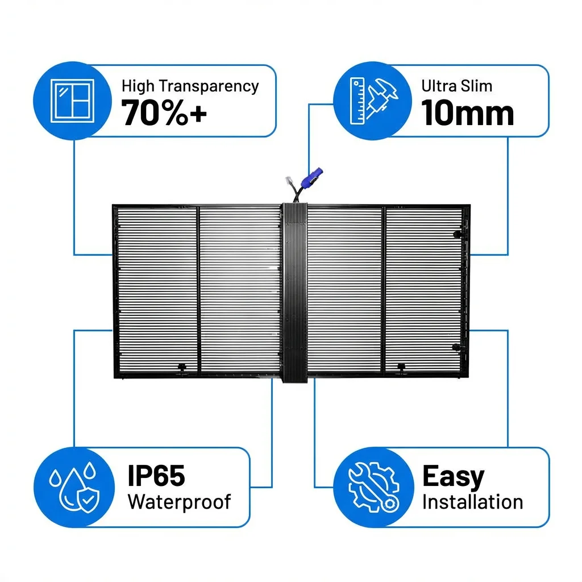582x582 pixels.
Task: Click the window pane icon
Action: coord(72,101)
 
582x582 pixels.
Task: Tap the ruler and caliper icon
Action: coord(373,101)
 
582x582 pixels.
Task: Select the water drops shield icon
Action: coord(74,487)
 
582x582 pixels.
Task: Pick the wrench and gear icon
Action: coord(374,487)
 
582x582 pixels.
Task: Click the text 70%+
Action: coord(164,113)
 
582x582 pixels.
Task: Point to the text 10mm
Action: coord(467,113)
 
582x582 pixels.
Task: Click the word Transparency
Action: coord(209,86)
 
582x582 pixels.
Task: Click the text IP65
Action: coord(156,476)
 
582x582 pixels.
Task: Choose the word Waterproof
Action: coord(179,502)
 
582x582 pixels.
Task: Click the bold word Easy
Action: coord(453,477)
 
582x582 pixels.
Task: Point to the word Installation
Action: coord(472,502)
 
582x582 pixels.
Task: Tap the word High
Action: coord(138,86)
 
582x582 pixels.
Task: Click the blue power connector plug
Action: coord(311,177)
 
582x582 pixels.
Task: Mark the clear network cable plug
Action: coord(289,181)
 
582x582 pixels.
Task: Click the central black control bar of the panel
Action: coord(295,293)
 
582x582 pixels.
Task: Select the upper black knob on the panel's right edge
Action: coord(458,234)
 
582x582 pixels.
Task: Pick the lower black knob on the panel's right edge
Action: coord(456,347)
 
